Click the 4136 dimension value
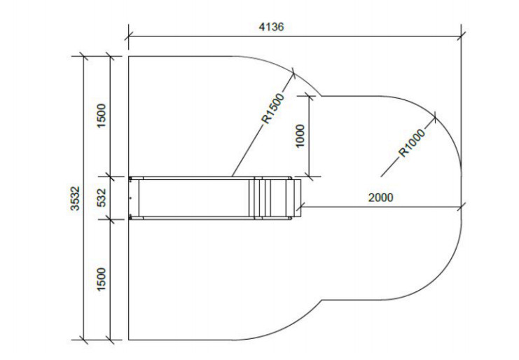point(271,27)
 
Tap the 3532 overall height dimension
point(75,198)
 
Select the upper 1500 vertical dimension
point(102,116)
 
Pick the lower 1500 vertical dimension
point(102,279)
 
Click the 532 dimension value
point(102,198)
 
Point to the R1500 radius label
point(273,109)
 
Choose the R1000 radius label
point(411,143)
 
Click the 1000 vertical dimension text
point(300,136)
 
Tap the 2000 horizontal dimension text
point(380,198)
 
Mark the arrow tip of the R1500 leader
point(293,73)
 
